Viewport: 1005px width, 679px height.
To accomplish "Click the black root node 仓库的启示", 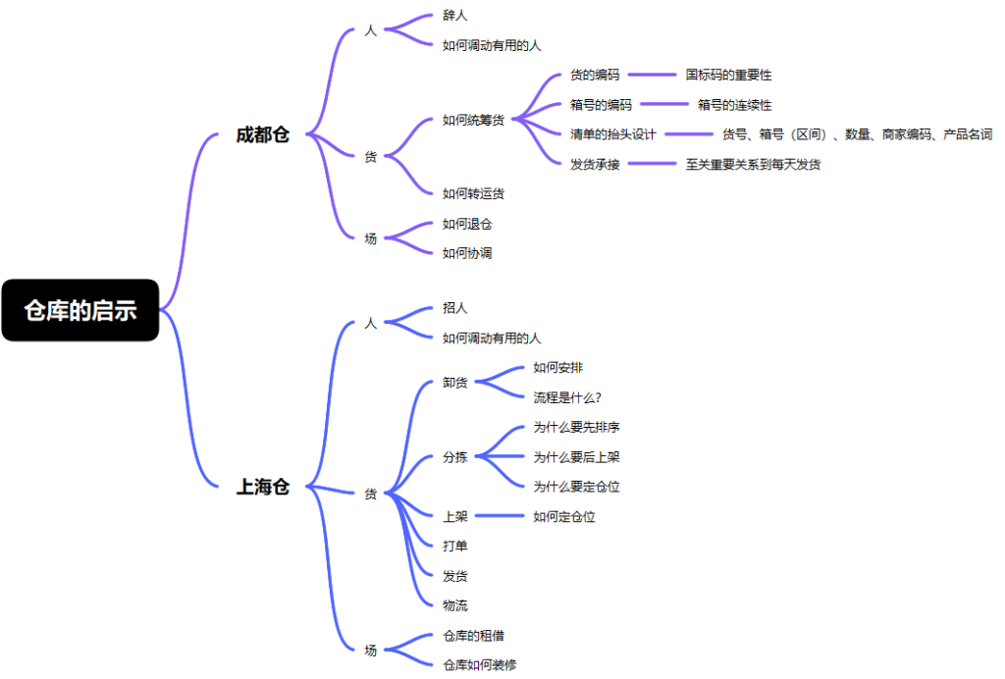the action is tap(80, 310).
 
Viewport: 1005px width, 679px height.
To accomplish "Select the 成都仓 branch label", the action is tap(263, 134).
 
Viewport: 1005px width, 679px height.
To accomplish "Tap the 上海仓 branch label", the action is tap(263, 487).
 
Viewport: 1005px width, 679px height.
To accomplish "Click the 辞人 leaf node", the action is tap(455, 15).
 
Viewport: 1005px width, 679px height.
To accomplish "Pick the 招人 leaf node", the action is tap(455, 307).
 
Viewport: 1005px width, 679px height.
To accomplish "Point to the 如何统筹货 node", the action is tap(474, 120).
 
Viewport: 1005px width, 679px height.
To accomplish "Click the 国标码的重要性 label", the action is tap(728, 75).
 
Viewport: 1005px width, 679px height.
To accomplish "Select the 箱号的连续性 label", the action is tap(734, 104).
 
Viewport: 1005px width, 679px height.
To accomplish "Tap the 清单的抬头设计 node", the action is tap(613, 133).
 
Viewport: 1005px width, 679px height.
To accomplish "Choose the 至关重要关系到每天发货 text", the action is tap(753, 164).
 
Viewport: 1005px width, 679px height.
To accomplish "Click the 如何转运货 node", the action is tap(474, 193).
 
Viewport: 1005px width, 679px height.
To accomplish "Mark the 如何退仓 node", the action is tap(467, 224).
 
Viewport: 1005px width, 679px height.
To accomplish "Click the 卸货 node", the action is tap(455, 383).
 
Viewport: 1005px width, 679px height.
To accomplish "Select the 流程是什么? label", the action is tap(567, 397).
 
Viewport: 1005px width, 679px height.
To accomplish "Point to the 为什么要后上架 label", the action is tap(576, 456).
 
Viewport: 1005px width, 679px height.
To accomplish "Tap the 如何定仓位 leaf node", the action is tap(564, 516).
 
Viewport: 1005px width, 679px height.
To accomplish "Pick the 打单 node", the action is tap(455, 546).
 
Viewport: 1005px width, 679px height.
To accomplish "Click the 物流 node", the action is tap(455, 605).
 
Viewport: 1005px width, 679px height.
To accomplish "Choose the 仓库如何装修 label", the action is tap(479, 665).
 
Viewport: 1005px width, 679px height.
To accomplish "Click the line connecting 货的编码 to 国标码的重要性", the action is tap(652, 75).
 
